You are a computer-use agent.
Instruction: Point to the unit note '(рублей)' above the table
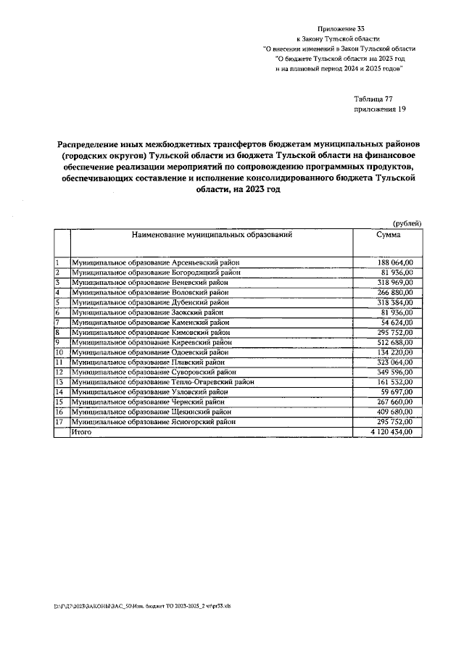click(406, 224)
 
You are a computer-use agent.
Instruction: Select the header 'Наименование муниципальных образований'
click(212, 236)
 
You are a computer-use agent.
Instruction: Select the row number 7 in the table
click(57, 322)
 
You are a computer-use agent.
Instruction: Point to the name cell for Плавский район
click(149, 362)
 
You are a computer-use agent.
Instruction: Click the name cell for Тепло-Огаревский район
click(162, 381)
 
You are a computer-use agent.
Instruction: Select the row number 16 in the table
click(59, 412)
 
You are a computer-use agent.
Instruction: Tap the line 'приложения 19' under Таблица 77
click(379, 109)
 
